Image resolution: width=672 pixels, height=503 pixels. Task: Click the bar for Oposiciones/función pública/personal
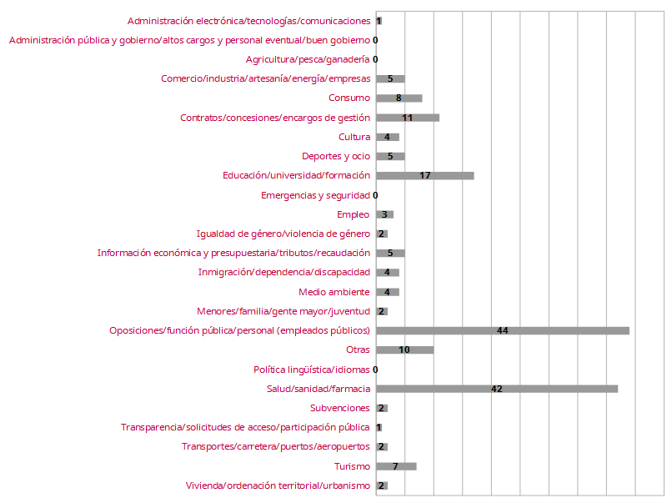[x=502, y=331]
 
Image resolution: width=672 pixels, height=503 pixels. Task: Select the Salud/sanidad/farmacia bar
[x=496, y=389]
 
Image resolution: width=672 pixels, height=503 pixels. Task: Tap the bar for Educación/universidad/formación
[x=424, y=176]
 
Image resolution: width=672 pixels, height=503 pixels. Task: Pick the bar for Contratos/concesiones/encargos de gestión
[x=407, y=118]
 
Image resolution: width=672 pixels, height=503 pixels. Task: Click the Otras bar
[x=404, y=350]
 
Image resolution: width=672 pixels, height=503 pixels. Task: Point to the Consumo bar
[x=399, y=98]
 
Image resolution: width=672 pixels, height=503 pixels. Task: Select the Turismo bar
[x=396, y=466]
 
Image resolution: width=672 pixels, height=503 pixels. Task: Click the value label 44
[x=502, y=331]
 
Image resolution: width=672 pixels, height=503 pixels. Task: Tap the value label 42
[x=497, y=389]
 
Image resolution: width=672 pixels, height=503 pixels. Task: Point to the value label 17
[x=425, y=176]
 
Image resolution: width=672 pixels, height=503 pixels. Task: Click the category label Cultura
[x=354, y=137]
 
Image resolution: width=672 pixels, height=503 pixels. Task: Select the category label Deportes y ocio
[x=336, y=156]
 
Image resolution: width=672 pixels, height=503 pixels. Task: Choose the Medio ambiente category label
[x=334, y=292]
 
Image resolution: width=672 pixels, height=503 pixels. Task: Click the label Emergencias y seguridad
[x=315, y=195]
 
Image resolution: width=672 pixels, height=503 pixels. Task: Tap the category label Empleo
[x=353, y=214]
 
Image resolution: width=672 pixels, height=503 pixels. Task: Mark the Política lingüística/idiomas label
[x=312, y=370]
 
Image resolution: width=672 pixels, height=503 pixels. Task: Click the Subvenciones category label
[x=339, y=408]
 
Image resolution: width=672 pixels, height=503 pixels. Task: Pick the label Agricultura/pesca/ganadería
[x=308, y=59]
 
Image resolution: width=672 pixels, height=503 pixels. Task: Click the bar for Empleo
[x=384, y=214]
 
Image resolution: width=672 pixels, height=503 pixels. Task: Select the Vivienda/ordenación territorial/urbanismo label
[x=278, y=485]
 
